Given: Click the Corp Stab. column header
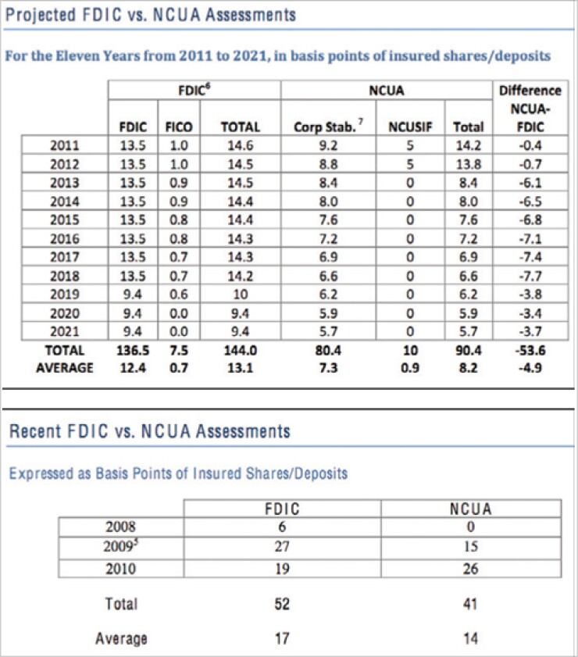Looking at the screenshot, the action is [328, 127].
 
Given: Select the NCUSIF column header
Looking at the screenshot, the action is [410, 127].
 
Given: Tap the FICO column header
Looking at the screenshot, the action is [179, 127].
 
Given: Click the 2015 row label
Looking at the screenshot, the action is [65, 220].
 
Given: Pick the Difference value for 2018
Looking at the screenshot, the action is [530, 276].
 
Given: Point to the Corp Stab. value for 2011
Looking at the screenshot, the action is [328, 145].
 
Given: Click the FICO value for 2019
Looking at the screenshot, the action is [179, 295].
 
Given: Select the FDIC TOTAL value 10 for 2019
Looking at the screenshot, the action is [241, 295].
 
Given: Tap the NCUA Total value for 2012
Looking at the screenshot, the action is [469, 164].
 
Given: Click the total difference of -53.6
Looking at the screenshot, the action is [530, 350].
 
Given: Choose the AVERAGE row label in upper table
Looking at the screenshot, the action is [65, 368].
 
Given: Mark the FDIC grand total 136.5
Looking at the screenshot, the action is [133, 350].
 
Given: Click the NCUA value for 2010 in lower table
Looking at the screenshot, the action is [471, 569].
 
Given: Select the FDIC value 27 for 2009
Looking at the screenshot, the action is [282, 546].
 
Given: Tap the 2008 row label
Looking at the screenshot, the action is [120, 527].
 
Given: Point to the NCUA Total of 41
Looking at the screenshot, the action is [470, 604].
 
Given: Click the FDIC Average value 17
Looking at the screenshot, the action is [282, 638].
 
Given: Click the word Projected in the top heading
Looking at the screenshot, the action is [41, 16].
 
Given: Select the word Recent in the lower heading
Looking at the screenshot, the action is [35, 431].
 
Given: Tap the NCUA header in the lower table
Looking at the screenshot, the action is [470, 509].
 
